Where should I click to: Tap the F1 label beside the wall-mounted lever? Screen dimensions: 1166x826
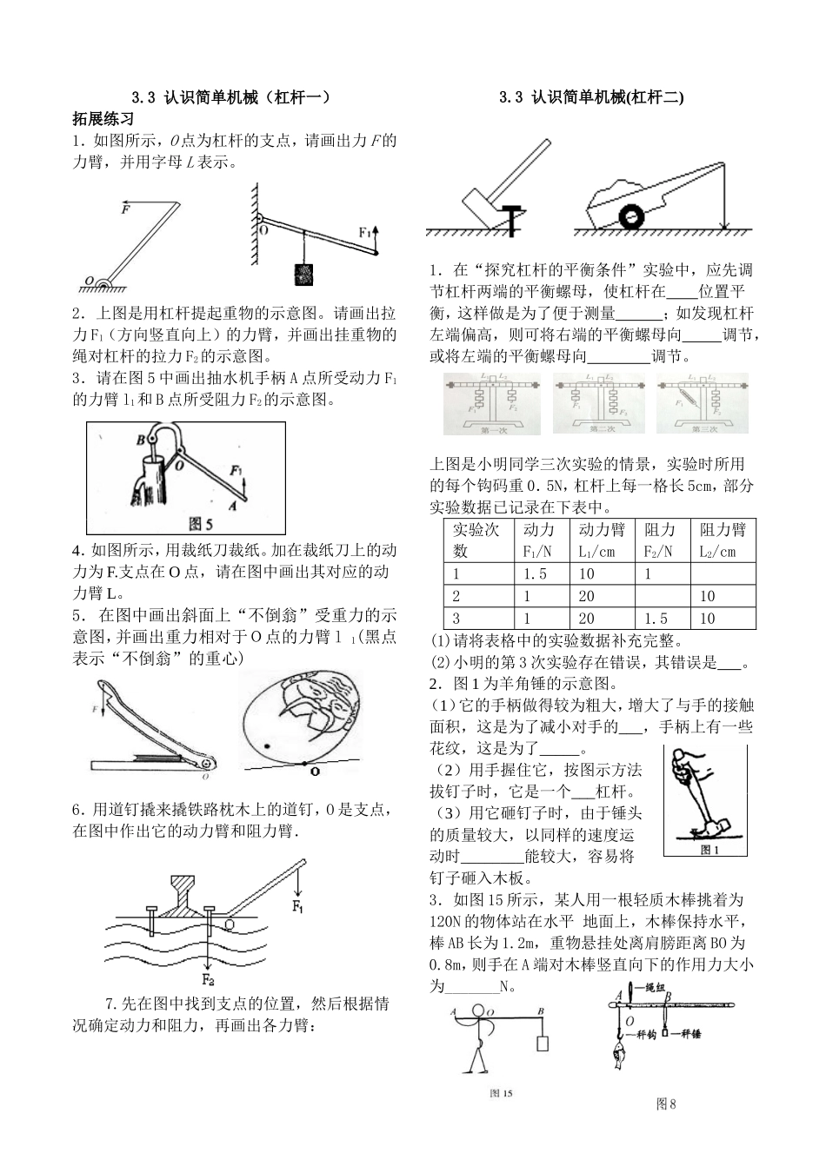point(366,233)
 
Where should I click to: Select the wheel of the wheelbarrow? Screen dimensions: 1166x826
point(632,215)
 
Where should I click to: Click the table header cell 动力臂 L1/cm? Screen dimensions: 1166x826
point(601,540)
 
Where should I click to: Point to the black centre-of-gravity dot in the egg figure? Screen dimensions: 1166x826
point(267,745)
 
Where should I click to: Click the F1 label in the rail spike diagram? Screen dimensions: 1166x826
point(297,909)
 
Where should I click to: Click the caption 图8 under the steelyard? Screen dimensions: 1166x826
point(666,1103)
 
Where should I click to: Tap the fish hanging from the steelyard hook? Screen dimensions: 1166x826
point(616,1059)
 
